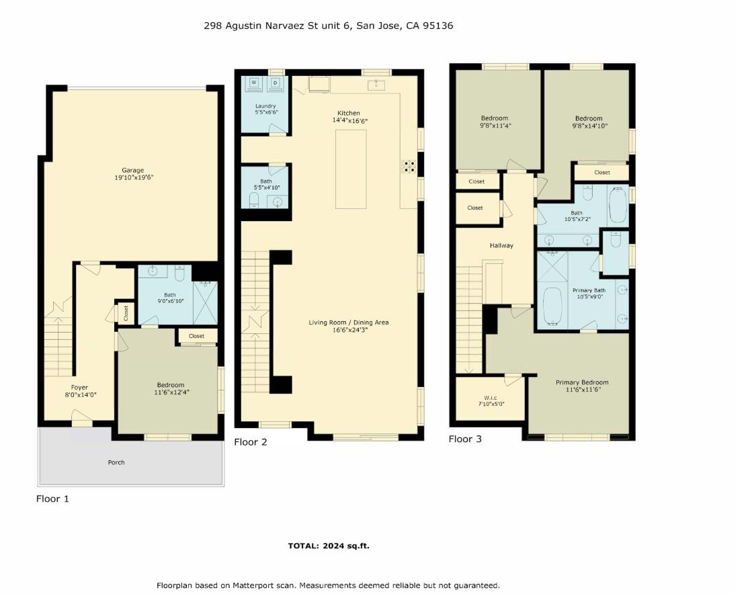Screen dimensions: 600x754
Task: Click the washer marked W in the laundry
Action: (255, 84)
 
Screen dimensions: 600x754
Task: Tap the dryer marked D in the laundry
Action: (276, 84)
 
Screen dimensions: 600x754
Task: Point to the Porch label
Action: (116, 462)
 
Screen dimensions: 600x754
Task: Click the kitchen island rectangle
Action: (351, 171)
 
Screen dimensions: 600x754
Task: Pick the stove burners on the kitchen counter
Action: (408, 166)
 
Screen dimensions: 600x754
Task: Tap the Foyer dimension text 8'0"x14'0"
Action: (80, 396)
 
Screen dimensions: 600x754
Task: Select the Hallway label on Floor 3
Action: (501, 245)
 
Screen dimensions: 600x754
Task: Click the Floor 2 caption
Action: (251, 442)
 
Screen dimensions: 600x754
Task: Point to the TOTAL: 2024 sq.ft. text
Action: (329, 546)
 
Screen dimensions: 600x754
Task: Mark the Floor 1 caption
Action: (52, 499)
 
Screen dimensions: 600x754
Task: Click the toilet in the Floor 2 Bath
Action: (253, 201)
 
